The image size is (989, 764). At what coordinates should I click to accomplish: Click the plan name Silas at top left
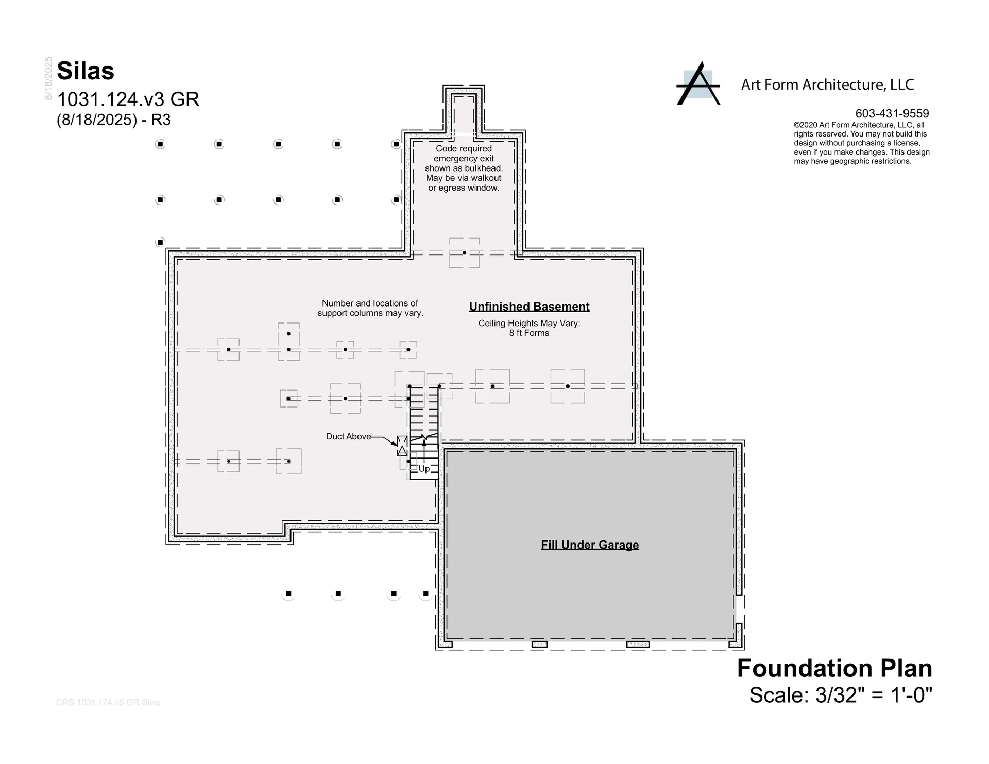tap(86, 71)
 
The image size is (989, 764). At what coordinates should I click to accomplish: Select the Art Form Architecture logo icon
tap(698, 84)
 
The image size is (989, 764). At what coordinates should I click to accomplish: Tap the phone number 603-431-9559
tap(892, 113)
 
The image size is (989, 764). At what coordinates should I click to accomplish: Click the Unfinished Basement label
tap(529, 307)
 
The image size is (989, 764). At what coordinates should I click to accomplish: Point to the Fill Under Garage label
tap(590, 545)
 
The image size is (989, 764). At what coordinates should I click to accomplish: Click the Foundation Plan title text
tap(834, 668)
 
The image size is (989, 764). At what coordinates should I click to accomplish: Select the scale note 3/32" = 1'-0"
tap(840, 695)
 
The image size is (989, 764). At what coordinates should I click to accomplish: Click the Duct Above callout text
tap(348, 436)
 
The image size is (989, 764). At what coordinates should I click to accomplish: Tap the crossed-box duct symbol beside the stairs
tap(402, 446)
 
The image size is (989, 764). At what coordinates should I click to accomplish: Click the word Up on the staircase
tap(424, 469)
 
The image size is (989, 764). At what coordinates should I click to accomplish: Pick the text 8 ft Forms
tap(529, 333)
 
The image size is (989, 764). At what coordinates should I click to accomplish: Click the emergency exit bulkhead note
tap(464, 168)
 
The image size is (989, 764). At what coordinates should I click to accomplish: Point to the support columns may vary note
tap(370, 308)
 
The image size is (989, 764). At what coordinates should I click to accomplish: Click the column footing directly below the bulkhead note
tap(464, 253)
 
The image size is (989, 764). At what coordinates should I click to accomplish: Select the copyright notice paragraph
tap(861, 143)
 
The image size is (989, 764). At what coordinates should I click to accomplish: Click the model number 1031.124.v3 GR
tap(128, 99)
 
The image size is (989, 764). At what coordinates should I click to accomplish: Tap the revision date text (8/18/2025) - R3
tap(114, 120)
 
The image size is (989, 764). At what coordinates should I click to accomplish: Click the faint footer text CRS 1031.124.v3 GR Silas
tap(108, 702)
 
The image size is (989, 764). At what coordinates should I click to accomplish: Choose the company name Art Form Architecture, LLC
tap(827, 84)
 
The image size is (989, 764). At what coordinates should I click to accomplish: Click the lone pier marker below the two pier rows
tap(160, 242)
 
